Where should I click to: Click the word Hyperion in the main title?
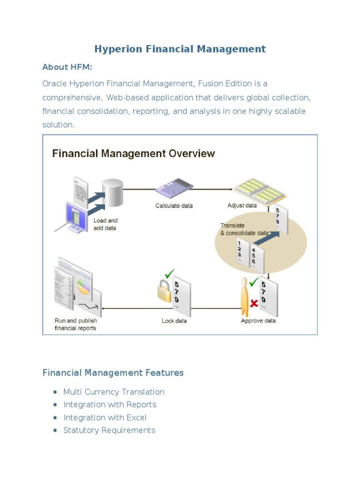[x=116, y=49]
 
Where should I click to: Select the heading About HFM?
[x=67, y=67]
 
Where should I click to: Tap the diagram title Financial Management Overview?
[x=133, y=153]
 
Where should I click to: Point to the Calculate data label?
[x=174, y=205]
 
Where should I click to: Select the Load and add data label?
[x=105, y=224]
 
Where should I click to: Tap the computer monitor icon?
[x=75, y=216]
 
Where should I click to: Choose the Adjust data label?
[x=242, y=205]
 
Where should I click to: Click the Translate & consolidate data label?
[x=244, y=229]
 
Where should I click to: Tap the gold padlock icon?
[x=164, y=292]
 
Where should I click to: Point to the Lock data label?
[x=174, y=321]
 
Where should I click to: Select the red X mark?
[x=254, y=304]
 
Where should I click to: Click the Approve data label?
[x=258, y=321]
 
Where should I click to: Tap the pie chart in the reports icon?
[x=83, y=286]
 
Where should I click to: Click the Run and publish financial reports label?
[x=75, y=324]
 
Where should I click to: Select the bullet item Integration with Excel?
[x=105, y=418]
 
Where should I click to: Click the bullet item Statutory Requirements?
[x=109, y=430]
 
